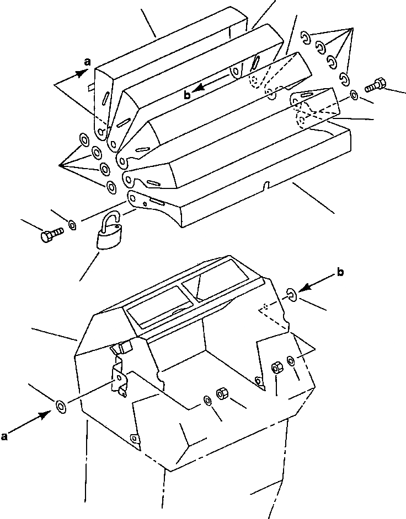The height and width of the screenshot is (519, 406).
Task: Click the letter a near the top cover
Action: pos(87,63)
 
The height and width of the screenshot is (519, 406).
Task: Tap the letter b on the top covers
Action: pos(188,95)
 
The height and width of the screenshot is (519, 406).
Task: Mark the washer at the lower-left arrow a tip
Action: pos(60,407)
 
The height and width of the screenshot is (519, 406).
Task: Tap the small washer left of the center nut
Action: pos(207,399)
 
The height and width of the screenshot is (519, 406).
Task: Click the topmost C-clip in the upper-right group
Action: pos(305,37)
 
